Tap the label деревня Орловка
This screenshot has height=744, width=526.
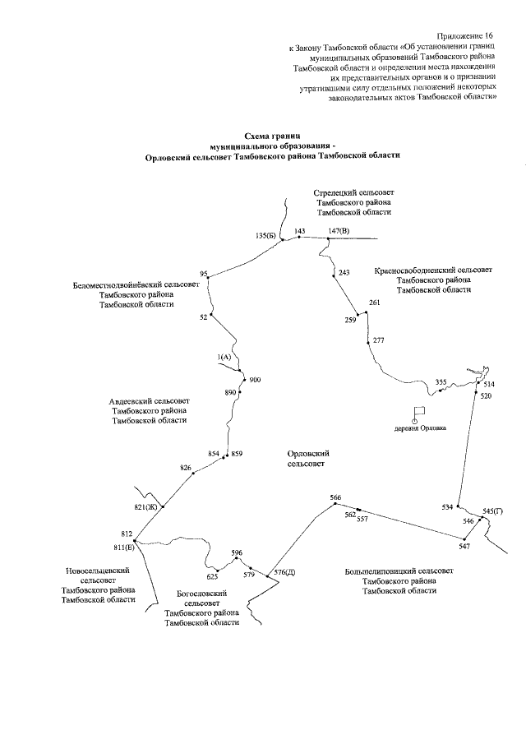pos(420,428)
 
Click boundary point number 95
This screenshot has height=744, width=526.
pos(204,274)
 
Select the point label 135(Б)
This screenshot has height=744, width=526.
pos(265,235)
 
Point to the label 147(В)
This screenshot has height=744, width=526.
pos(339,231)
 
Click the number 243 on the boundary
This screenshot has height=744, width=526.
pos(344,272)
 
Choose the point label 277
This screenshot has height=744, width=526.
pos(379,340)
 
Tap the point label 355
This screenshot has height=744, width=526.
pos(441,382)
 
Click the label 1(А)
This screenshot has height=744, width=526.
pos(224,357)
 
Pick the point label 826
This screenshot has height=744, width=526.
pos(186,468)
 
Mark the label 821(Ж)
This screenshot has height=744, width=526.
pos(145,506)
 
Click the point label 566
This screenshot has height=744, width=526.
pos(335,497)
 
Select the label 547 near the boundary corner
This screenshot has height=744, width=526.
pos(464,547)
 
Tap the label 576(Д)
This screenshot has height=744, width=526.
pos(284,571)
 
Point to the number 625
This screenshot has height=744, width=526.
pos(212,576)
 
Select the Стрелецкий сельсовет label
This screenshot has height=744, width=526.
pos(354,192)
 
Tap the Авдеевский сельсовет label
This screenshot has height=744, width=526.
pos(150,401)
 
